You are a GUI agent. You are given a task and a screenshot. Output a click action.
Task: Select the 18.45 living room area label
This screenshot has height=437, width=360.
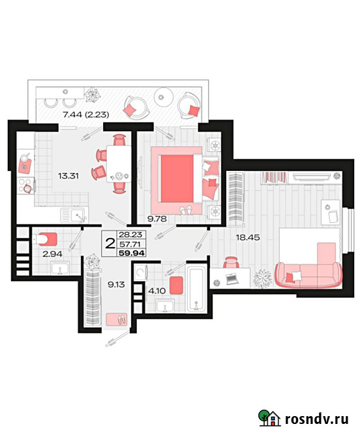[248, 237]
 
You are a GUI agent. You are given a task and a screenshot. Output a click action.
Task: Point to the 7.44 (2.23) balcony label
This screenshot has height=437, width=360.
[85, 115]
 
